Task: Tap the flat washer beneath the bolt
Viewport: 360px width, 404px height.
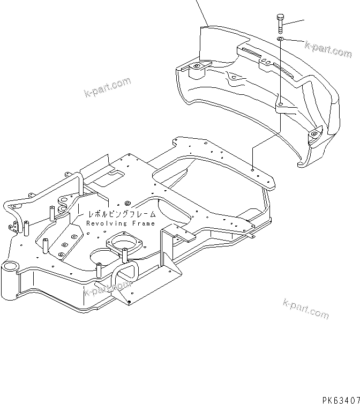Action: (281, 39)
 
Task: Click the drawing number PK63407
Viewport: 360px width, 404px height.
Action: (340, 399)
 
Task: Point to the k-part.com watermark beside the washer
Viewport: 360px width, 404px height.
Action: (328, 49)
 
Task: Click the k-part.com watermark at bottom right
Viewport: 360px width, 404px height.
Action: (305, 309)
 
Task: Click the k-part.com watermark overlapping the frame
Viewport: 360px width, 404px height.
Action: (108, 289)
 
